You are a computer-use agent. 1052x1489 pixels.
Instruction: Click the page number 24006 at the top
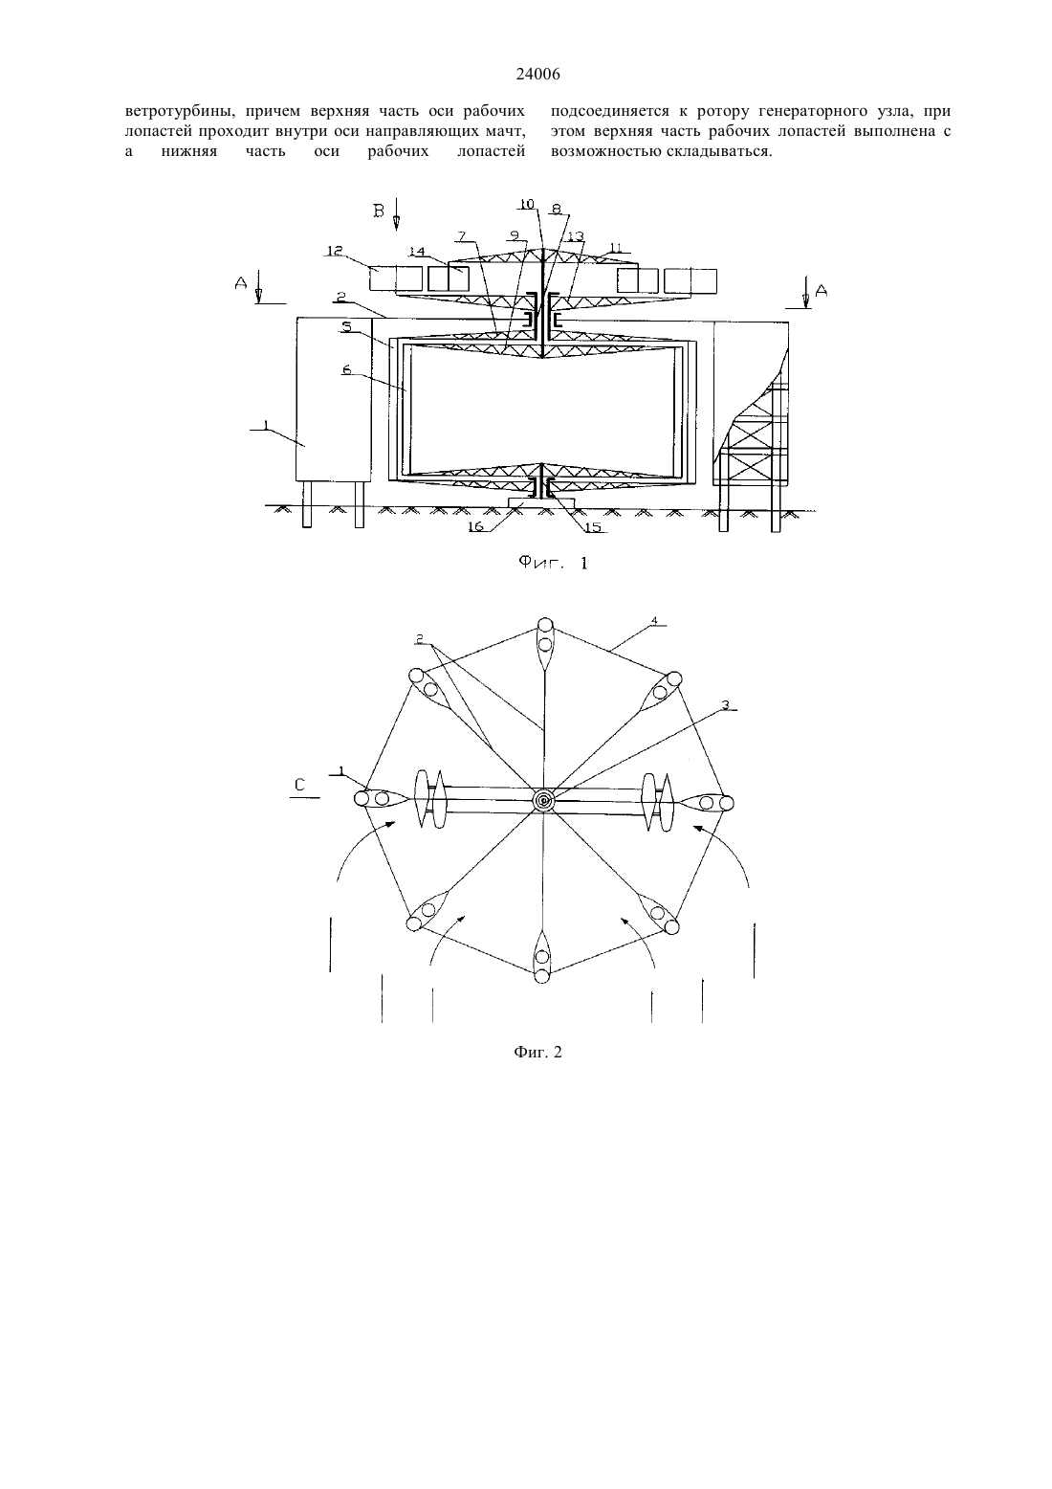point(537,75)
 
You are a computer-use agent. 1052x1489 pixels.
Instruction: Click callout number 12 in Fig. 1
point(335,251)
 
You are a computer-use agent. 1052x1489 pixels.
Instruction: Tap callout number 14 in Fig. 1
point(416,252)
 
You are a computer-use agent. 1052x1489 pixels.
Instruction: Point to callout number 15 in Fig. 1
point(592,527)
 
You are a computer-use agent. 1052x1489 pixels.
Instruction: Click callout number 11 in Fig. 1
point(616,247)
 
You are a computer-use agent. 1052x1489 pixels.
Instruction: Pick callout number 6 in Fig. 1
point(346,370)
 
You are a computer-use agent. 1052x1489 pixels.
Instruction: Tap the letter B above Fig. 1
point(379,211)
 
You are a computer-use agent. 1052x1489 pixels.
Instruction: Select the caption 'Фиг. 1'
point(553,564)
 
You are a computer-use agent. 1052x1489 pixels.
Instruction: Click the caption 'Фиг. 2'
point(537,1052)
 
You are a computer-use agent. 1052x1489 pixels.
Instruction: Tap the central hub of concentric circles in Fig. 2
point(544,800)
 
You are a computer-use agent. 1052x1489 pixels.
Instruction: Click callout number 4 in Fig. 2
point(654,621)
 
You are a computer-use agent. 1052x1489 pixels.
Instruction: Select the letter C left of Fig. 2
point(299,785)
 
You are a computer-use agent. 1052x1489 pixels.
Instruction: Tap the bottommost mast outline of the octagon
point(542,957)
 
